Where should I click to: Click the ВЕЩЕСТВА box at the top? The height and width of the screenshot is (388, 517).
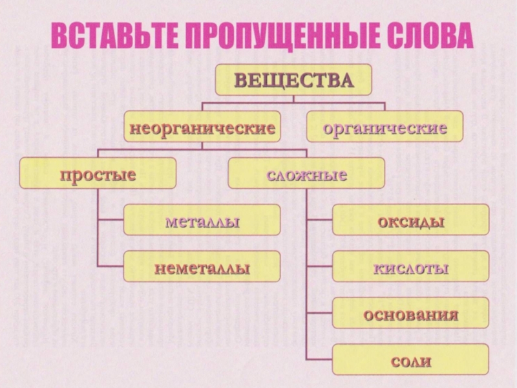coord(293,80)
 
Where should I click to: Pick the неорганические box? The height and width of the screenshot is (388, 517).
coord(202,127)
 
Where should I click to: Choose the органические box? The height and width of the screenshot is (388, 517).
coord(385,127)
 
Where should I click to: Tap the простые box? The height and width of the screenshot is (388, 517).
coord(98,173)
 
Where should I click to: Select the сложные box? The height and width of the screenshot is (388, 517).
coord(306,173)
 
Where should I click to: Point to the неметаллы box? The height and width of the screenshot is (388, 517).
coord(202,266)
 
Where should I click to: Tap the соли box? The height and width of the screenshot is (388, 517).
coord(410,360)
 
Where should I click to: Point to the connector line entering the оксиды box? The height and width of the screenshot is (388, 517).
coord(320,220)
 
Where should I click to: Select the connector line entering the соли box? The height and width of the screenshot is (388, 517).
coord(320,360)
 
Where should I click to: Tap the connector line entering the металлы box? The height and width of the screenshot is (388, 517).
coord(111,220)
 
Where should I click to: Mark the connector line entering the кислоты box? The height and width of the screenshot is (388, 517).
coord(320,266)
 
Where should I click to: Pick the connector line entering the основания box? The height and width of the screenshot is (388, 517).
coord(320,313)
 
